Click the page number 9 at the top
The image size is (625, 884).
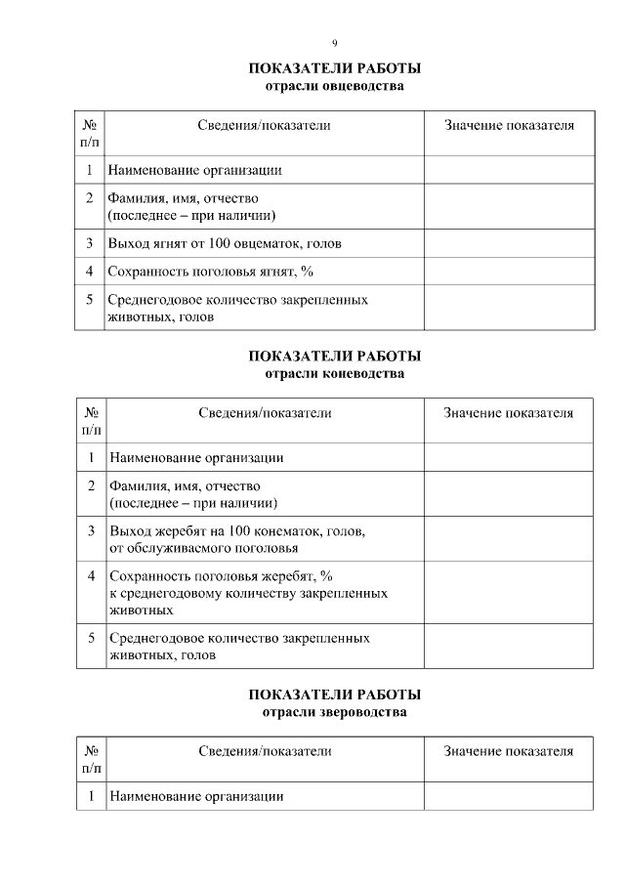pos(335,43)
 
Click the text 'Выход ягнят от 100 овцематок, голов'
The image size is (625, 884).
pos(225,243)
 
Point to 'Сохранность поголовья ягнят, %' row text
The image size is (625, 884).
pos(210,271)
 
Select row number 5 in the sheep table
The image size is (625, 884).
pos(89,300)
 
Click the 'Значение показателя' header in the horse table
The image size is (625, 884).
pos(508,413)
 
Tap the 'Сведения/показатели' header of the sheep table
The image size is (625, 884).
pos(264,126)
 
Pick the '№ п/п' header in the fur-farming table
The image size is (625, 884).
pos(91,760)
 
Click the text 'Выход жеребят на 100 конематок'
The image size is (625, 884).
pos(237,530)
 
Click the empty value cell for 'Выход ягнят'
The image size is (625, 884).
pos(508,243)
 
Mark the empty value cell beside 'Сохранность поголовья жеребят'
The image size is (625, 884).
pos(508,592)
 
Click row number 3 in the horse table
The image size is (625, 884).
pos(90,531)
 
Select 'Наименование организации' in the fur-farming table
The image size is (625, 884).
pos(196,796)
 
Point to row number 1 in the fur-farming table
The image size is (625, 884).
pos(90,796)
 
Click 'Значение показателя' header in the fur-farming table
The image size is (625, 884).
pos(508,751)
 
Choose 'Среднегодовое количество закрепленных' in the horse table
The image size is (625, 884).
pos(239,638)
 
